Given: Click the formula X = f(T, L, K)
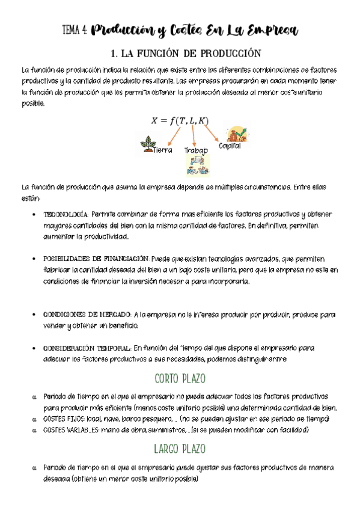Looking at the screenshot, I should [x=180, y=121].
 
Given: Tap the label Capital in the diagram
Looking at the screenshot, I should [x=230, y=146].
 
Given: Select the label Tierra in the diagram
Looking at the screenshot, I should [x=163, y=150].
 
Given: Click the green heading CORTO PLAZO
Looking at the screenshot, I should [x=180, y=379].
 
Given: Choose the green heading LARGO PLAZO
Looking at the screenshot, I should [x=180, y=449].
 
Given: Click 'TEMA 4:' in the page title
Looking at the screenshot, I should [x=77, y=31].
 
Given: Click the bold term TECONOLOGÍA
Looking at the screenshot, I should [x=66, y=215].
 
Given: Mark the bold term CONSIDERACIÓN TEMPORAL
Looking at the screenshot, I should [x=87, y=348].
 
